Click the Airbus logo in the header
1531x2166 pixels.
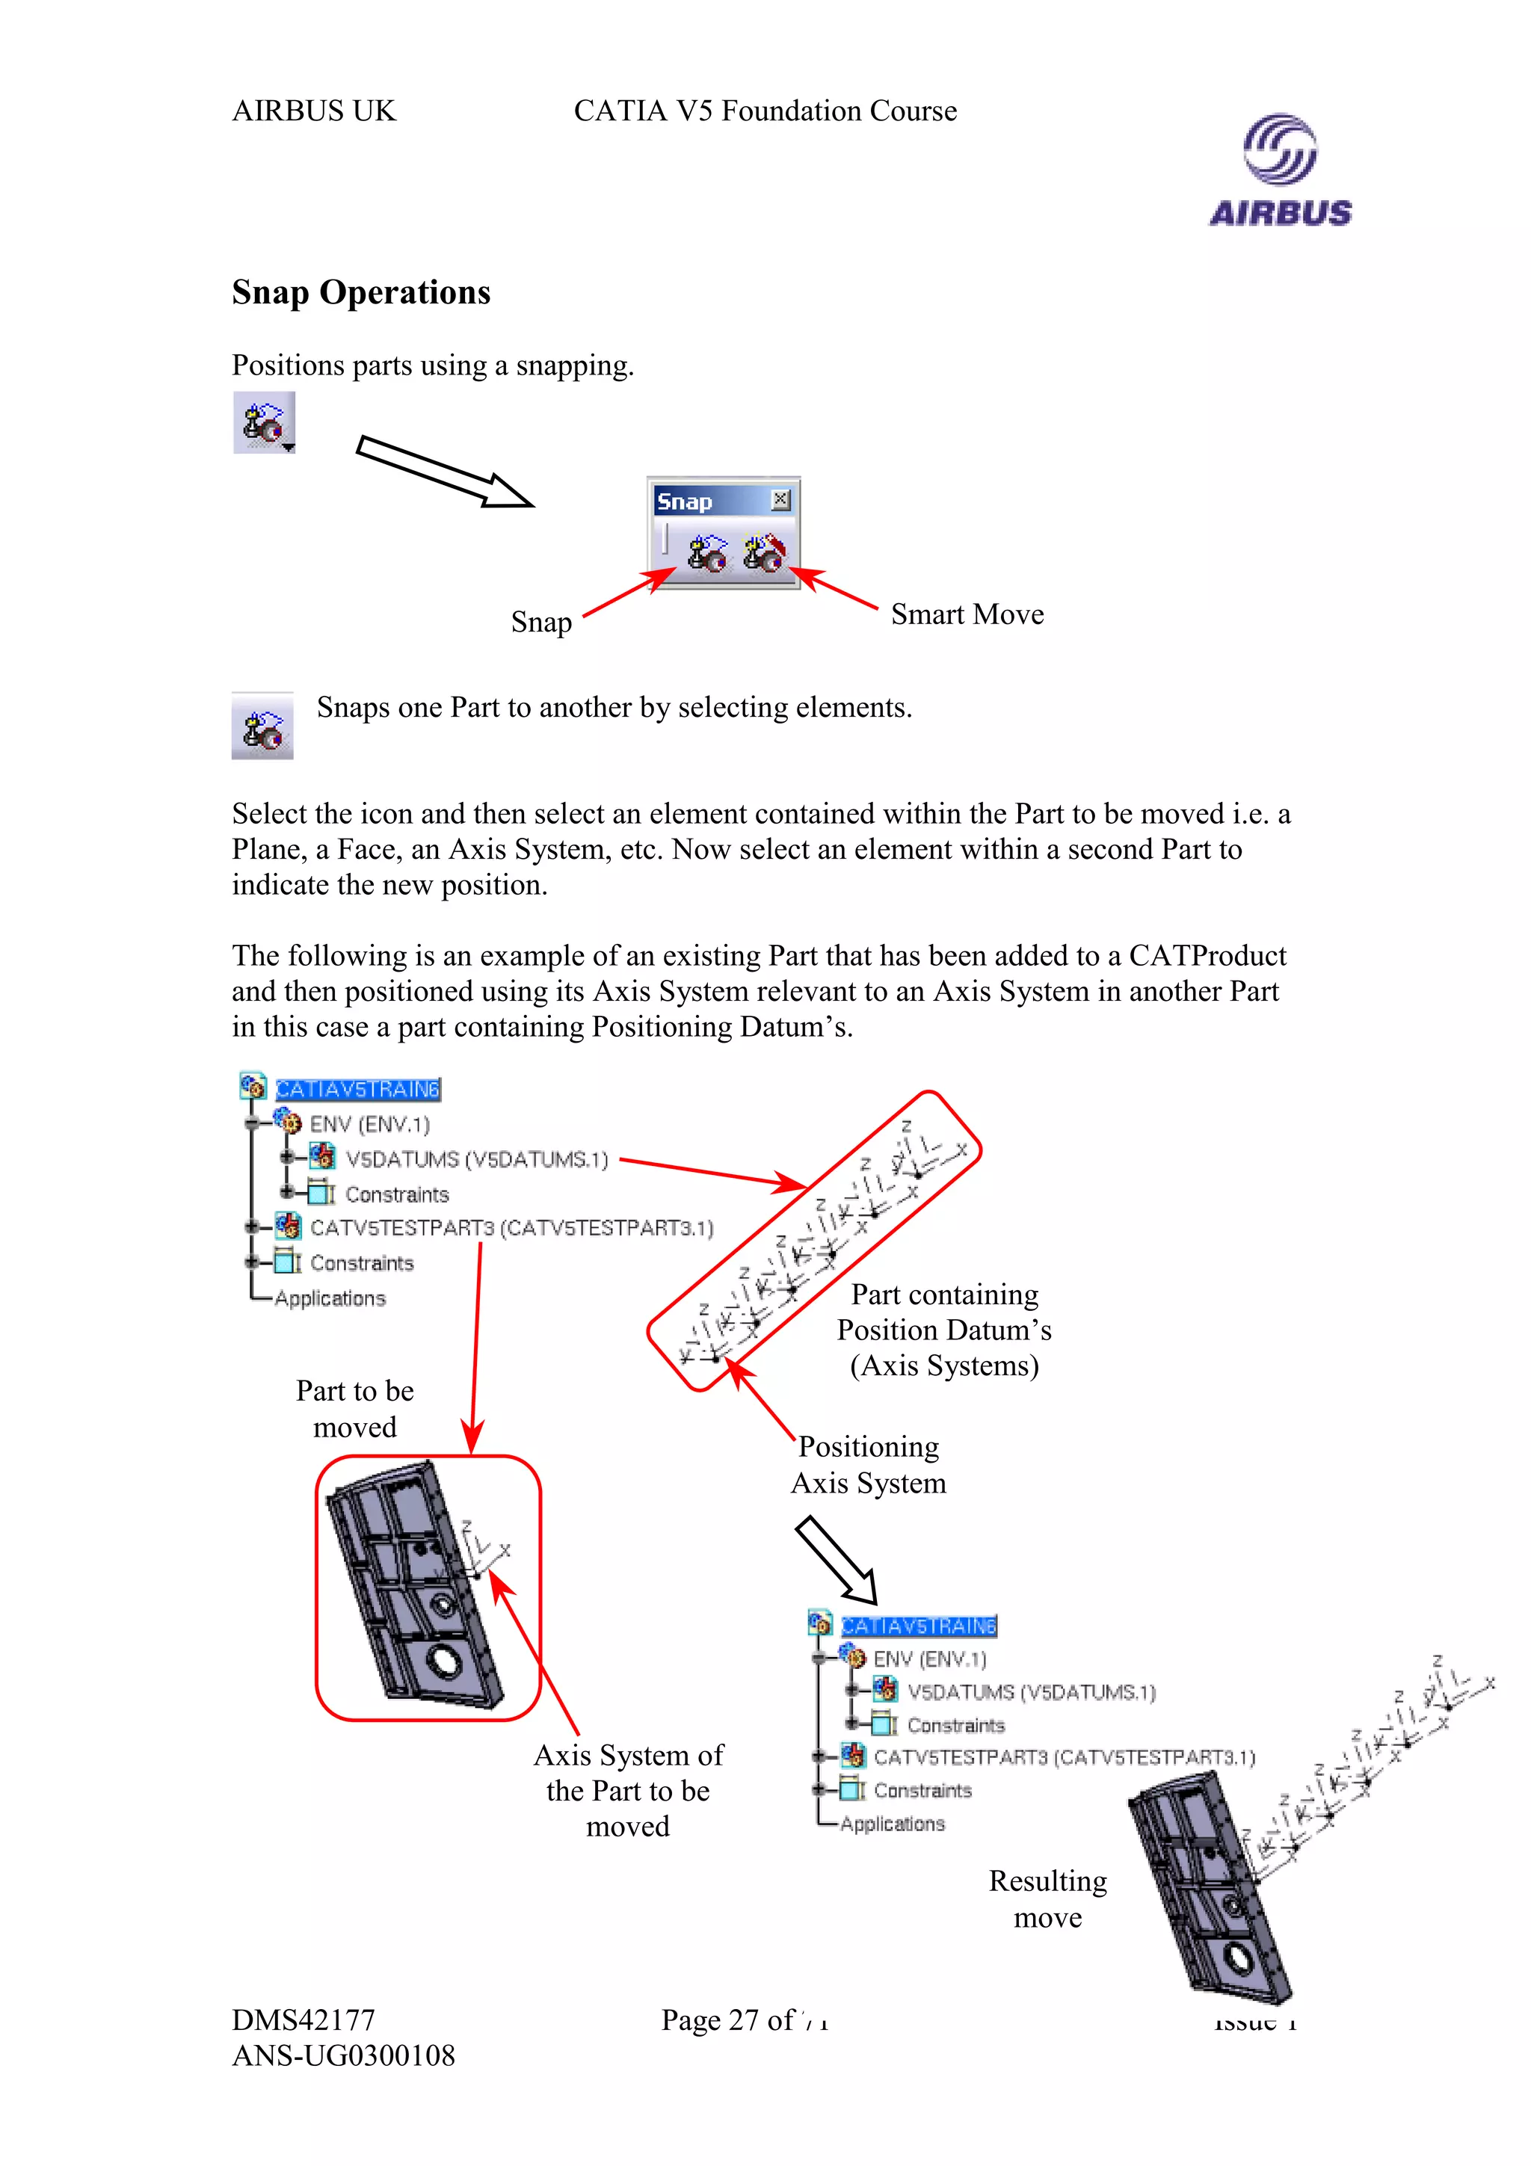[1280, 170]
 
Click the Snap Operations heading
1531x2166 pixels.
[360, 292]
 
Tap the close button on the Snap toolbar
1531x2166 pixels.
[780, 500]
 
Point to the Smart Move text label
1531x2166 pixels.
[967, 614]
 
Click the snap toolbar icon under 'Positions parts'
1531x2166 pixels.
[264, 422]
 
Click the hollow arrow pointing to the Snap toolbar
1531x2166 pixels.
[443, 472]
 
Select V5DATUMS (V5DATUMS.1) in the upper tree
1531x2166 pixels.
[476, 1159]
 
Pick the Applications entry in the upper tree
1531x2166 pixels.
[330, 1299]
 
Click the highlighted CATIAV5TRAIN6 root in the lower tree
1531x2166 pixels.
[918, 1626]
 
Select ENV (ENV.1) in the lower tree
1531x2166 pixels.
[929, 1659]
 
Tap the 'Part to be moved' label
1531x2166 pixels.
[354, 1408]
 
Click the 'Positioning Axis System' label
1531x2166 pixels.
[868, 1464]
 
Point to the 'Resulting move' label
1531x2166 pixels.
[1047, 1899]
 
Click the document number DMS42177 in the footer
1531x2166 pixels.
[304, 2020]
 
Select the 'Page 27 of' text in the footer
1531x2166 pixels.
[727, 2020]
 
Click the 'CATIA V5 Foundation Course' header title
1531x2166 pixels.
[765, 111]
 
